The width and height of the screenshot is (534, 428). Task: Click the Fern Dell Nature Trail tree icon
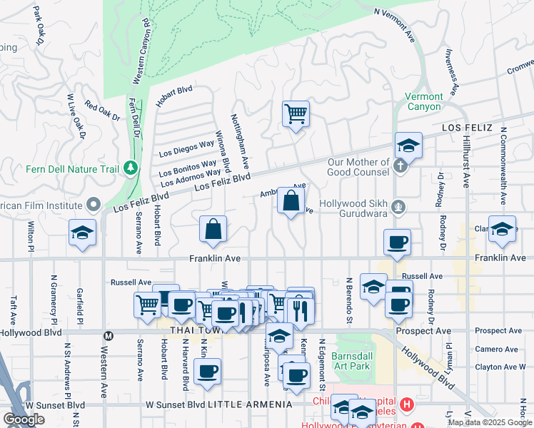point(130,168)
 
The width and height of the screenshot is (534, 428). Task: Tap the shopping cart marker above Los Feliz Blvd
point(296,114)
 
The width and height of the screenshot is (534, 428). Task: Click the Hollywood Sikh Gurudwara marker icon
point(400,208)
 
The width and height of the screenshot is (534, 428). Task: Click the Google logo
point(24,419)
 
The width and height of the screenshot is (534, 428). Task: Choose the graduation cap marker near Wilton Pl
point(83,233)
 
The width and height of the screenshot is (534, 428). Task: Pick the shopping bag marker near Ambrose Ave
point(291,202)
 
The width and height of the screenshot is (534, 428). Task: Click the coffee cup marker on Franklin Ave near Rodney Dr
point(397,242)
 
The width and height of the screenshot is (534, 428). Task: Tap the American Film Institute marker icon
point(93,205)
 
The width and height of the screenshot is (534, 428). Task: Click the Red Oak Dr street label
point(101,112)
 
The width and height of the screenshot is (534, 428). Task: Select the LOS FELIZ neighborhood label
point(468,127)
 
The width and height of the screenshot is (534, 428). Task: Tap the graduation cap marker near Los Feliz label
point(409,146)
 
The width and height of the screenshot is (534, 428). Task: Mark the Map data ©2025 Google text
point(489,422)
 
